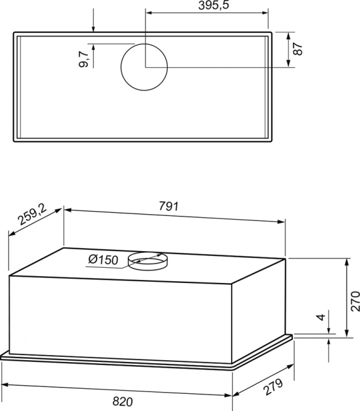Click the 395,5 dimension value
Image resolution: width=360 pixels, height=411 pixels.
pos(213,5)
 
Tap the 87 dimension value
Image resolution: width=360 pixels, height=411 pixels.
pos(298,49)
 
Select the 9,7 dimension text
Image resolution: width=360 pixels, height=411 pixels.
pos(84,59)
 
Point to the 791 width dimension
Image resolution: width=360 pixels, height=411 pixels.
pos(169,206)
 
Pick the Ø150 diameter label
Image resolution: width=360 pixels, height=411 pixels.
pos(103,260)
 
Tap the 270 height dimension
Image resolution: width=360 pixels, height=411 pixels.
pos(355,301)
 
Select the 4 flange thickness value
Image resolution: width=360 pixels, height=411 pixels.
pos(321,317)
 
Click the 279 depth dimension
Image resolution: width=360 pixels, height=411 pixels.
pos(273,387)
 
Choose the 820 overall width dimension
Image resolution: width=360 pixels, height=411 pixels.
pos(123,402)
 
